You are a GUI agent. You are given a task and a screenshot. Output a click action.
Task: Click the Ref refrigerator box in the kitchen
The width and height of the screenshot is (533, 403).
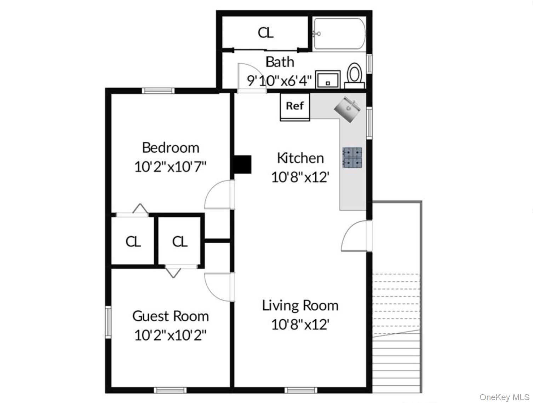coord(295,107)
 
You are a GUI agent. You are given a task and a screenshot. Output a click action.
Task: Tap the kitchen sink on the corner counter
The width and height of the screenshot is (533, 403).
coord(348,109)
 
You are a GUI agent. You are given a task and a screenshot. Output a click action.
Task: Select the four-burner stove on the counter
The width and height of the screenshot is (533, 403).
coord(352,158)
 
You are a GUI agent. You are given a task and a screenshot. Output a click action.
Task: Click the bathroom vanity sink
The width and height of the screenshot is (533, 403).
coord(328,80)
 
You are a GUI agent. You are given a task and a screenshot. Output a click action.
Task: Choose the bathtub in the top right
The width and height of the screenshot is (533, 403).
coord(339,34)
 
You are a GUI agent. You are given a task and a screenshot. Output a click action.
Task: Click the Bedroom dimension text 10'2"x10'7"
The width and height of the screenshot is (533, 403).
coord(170,167)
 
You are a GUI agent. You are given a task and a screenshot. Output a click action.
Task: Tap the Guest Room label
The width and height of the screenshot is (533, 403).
coord(171,316)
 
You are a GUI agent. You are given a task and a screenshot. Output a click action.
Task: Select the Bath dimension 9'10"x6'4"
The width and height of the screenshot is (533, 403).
coord(279,81)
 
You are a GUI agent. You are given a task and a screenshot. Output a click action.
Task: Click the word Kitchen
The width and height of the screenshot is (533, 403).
coord(300,158)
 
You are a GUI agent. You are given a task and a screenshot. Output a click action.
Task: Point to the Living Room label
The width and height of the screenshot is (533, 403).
coord(300,305)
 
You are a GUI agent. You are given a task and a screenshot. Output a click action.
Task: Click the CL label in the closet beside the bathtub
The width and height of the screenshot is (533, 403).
coord(266,33)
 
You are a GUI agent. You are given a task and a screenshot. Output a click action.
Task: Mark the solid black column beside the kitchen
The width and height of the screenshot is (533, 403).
coord(242,164)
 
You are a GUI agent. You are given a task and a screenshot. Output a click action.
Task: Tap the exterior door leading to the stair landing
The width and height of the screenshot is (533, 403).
coord(356,236)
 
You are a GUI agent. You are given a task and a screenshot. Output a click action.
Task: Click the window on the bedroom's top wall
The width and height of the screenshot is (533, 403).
coord(158,91)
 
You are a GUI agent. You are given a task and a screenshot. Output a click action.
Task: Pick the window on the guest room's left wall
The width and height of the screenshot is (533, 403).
coord(108,322)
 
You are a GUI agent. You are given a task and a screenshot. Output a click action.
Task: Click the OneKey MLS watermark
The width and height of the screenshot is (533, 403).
coord(505,397)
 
